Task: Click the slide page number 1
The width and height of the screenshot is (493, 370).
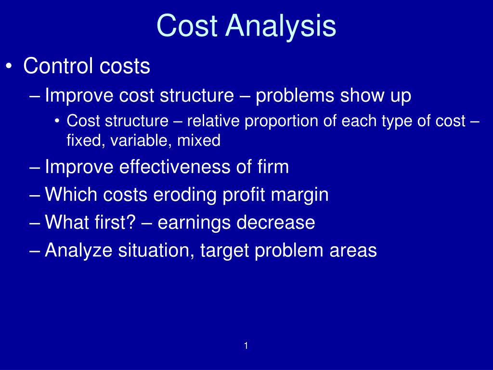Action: coord(246,345)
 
